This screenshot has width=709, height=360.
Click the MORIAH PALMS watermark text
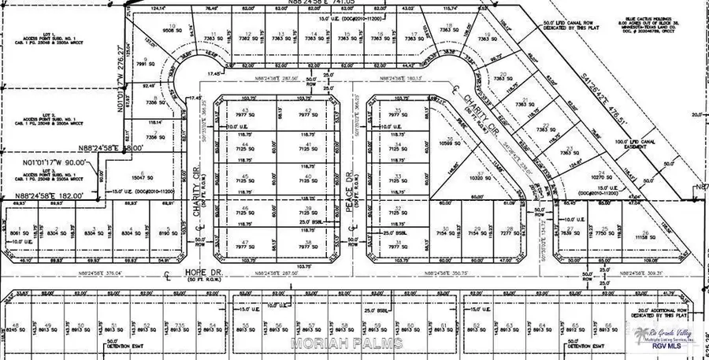(x=347, y=343)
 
